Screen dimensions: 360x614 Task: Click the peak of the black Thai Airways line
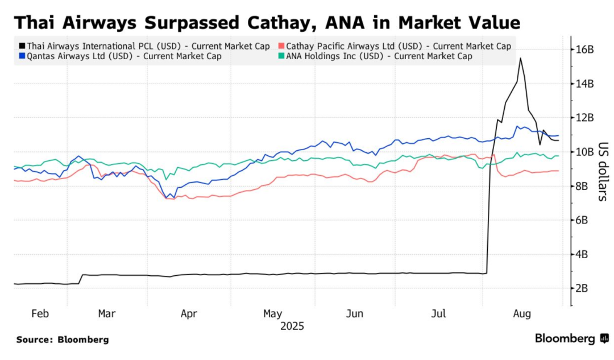pos(520,58)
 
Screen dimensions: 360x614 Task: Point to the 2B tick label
pos(586,288)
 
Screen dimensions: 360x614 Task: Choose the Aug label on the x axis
pos(522,314)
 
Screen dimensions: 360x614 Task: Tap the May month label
pos(273,314)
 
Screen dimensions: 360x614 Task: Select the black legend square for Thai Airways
pos(21,45)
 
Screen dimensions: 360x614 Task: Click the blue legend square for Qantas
pos(21,56)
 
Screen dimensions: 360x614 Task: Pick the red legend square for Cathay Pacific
pos(281,45)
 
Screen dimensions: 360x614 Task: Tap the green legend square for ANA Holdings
pos(281,56)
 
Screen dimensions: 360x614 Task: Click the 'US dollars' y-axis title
pos(603,171)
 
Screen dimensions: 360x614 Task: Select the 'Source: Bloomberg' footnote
pos(63,340)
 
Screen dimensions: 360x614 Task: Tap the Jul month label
pos(438,314)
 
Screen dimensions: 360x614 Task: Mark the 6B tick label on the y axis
pos(586,220)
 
